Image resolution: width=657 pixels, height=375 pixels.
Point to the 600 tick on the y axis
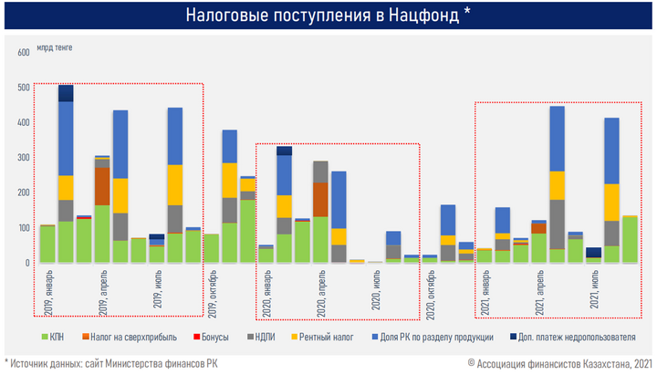pos(25,53)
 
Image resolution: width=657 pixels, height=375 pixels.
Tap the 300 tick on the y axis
pos(25,158)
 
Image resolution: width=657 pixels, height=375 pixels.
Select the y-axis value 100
pos(25,228)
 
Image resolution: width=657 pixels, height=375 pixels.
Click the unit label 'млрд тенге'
pos(54,47)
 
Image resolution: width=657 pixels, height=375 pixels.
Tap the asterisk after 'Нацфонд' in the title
pos(467,14)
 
